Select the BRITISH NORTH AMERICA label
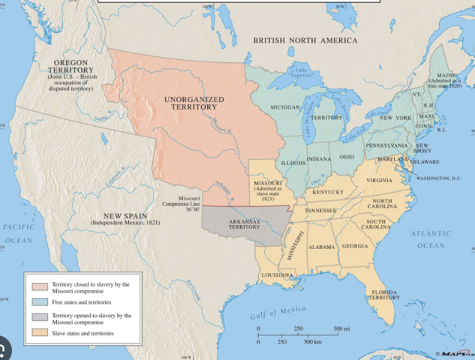click(x=305, y=40)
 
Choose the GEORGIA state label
click(x=355, y=246)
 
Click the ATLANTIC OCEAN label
click(x=431, y=239)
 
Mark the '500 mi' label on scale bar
click(x=341, y=328)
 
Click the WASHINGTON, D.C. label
click(x=443, y=178)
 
